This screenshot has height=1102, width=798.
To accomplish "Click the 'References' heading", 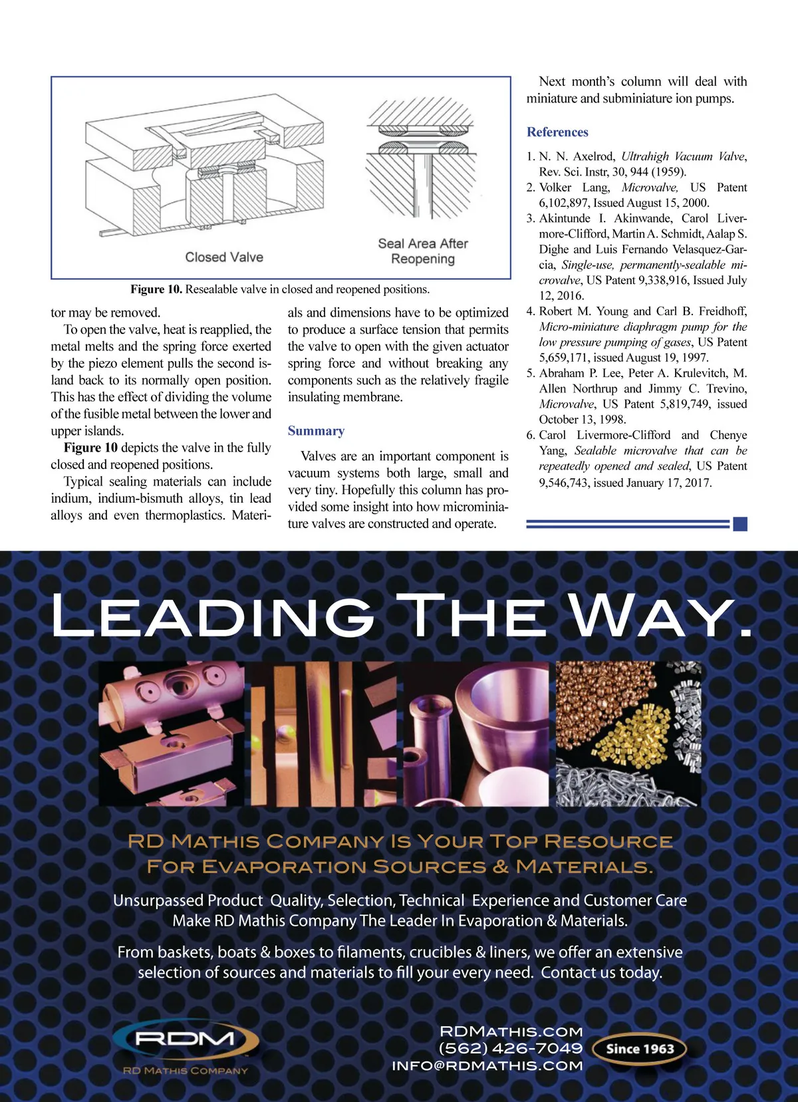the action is (557, 132).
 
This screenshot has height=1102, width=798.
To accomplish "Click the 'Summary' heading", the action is (316, 431).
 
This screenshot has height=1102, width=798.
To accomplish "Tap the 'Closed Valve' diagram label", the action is (224, 257).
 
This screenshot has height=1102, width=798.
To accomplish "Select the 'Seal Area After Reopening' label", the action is (423, 251).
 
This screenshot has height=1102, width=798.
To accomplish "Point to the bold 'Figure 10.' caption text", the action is (156, 289).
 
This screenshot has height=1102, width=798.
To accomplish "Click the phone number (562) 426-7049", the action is (510, 1048).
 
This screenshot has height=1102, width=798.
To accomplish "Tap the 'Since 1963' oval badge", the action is (640, 1048).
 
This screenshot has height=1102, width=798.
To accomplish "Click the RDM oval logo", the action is (186, 1039).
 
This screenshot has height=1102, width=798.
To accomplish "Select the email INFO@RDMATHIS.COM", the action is (487, 1065).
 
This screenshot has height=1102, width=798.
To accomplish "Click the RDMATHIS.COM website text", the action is (511, 1031).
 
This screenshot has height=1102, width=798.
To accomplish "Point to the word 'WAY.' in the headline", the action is (659, 616).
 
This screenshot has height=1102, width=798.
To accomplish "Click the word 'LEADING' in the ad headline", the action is (213, 616).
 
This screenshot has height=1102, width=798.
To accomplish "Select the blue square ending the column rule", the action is (740, 524).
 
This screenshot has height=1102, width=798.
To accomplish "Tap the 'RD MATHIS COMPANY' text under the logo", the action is (186, 1071).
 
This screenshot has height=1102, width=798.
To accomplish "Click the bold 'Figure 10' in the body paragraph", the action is (90, 448).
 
